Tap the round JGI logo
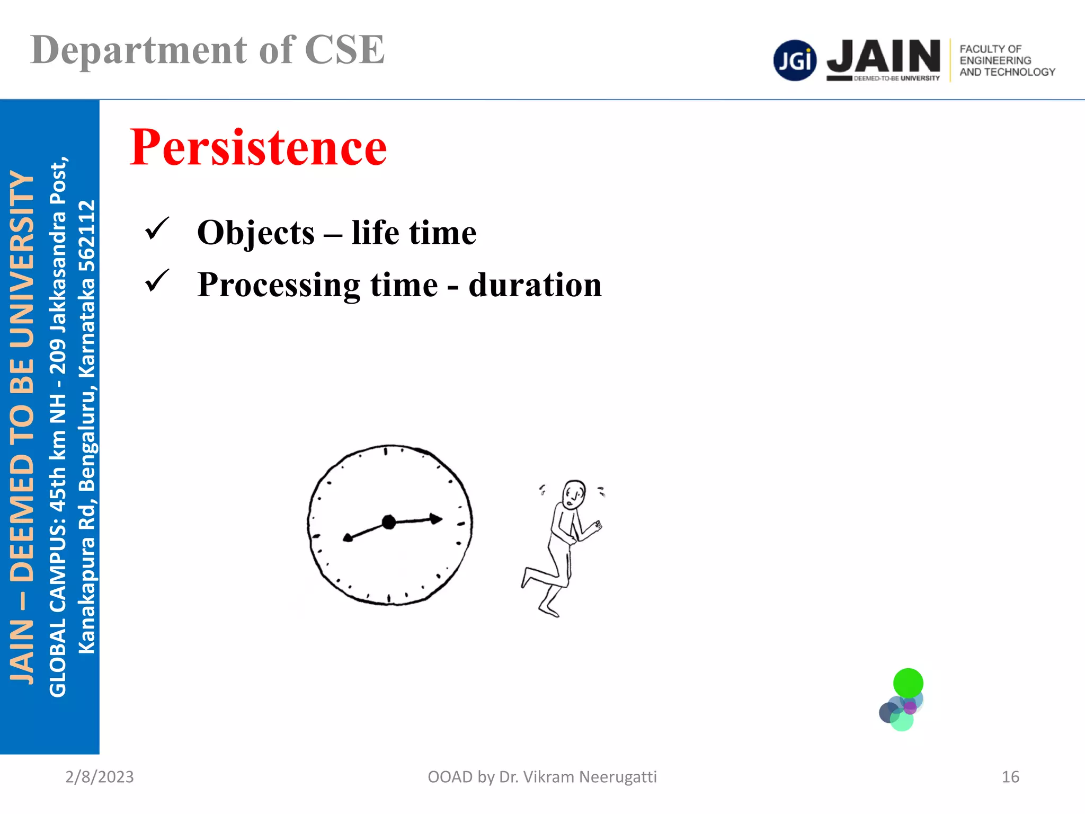coord(795,60)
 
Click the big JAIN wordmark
coord(883,57)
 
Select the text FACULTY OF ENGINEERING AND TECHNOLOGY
coord(1007,60)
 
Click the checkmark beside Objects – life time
coord(157,228)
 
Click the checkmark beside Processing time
coord(157,280)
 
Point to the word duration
coord(535,285)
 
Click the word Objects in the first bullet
coord(256,233)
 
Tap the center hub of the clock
coord(389,523)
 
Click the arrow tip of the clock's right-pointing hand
coord(437,519)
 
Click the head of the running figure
coord(574,494)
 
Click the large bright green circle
coord(908,683)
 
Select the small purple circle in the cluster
coord(910,707)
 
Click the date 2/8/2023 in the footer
coord(100,777)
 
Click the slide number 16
coord(1010,777)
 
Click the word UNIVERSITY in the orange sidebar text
coord(22,260)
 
